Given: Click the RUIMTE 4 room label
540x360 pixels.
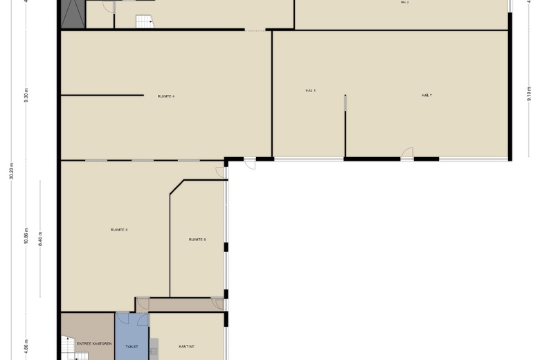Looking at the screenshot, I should coord(165,96).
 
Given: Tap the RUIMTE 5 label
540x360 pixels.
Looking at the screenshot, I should coord(119,229).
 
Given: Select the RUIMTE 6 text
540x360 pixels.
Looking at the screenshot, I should coord(197,240).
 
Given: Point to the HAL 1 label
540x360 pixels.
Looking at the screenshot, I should coord(310,91).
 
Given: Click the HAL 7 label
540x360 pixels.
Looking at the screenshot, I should coord(426,95).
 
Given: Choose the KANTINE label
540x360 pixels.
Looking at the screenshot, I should coord(186,345).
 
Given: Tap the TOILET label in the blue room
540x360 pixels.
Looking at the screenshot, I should coord(132,346).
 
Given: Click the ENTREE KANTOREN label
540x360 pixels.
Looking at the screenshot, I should coord(94,343).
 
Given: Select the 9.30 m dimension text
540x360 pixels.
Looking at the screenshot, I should coord(26,95).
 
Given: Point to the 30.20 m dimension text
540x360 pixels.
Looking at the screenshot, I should coord(12,170).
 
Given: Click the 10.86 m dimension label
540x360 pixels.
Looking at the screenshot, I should coord(26,237).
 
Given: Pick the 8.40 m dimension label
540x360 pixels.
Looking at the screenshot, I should coord(41,239).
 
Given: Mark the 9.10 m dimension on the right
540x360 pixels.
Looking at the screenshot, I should coord(529,93).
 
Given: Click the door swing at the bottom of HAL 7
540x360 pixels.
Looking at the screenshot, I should coord(407,153).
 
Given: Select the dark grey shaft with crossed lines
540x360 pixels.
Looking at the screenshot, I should coord(72,14).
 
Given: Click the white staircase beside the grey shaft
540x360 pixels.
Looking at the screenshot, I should coord(143,21).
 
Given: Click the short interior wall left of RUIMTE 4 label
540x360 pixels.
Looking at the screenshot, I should coord(102,95).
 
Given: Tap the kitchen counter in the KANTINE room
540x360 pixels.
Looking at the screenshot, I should coord(154,348).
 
